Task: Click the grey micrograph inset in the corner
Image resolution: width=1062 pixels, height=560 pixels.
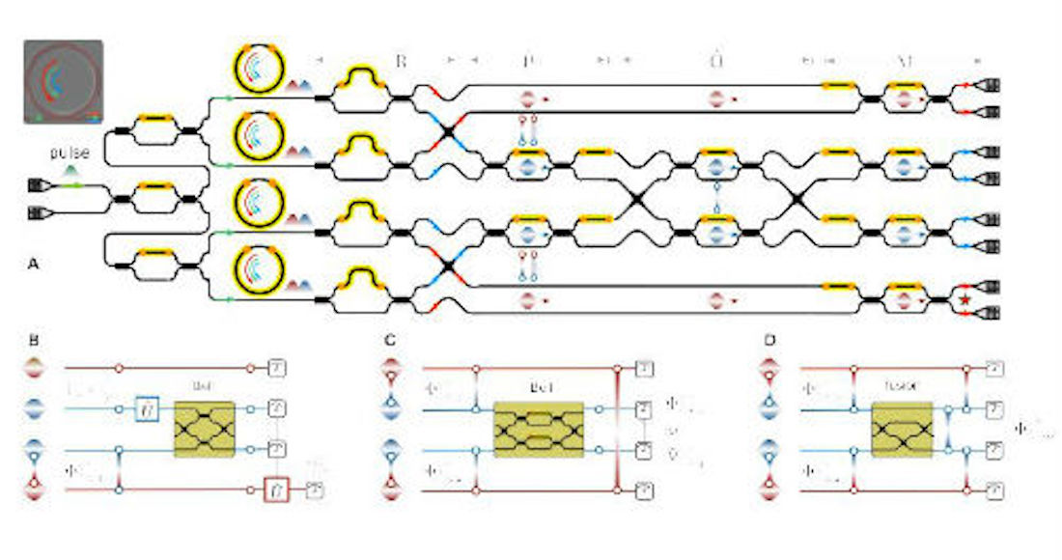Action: pyautogui.click(x=63, y=81)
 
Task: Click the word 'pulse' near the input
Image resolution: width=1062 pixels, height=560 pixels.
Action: pyautogui.click(x=71, y=154)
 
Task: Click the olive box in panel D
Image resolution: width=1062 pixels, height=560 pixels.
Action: pyautogui.click(x=902, y=429)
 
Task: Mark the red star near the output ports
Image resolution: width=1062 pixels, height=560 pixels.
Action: pyautogui.click(x=964, y=301)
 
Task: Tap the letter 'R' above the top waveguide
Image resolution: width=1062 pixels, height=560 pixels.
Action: pyautogui.click(x=401, y=61)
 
